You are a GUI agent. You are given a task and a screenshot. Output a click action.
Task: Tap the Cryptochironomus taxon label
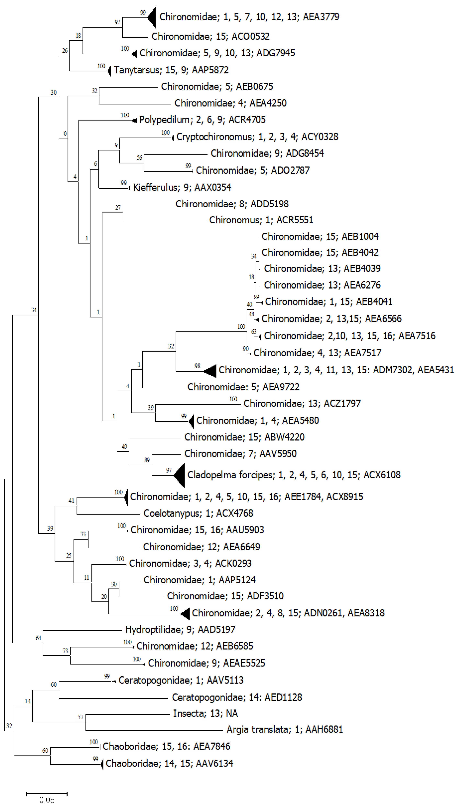[257, 137]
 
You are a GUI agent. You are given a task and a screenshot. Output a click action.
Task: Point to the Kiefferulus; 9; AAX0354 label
[182, 187]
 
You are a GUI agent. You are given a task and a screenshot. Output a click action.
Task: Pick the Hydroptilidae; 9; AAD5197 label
[180, 629]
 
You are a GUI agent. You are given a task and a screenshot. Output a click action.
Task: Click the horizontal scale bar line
[47, 793]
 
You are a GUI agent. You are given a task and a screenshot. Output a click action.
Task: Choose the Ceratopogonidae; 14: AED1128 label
[237, 697]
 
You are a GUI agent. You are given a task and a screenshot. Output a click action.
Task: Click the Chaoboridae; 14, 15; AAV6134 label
[169, 763]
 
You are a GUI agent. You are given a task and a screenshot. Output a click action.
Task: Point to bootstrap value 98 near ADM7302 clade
[197, 366]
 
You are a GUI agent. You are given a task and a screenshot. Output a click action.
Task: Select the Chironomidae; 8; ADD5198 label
[232, 204]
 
